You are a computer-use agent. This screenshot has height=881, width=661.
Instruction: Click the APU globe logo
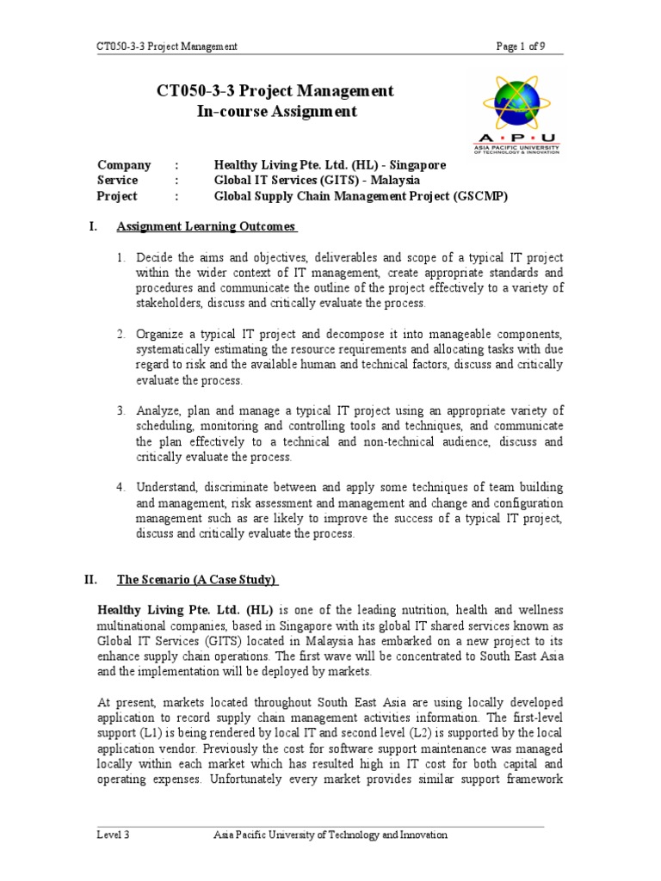[516, 102]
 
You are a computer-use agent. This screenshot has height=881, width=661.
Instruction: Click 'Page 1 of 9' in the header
[520, 46]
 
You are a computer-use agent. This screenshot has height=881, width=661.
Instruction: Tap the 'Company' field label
[124, 165]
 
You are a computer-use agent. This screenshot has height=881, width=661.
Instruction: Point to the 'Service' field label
[118, 181]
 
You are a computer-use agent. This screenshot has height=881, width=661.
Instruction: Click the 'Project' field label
[118, 196]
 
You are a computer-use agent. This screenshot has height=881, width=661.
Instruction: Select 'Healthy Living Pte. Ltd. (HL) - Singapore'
[330, 165]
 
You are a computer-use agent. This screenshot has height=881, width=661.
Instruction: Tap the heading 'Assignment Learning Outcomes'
[207, 227]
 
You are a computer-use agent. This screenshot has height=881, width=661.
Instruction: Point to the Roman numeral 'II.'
[91, 580]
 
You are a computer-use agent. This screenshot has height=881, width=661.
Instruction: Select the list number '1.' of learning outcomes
[122, 257]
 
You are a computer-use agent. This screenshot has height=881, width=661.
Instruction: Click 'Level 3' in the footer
[114, 835]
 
